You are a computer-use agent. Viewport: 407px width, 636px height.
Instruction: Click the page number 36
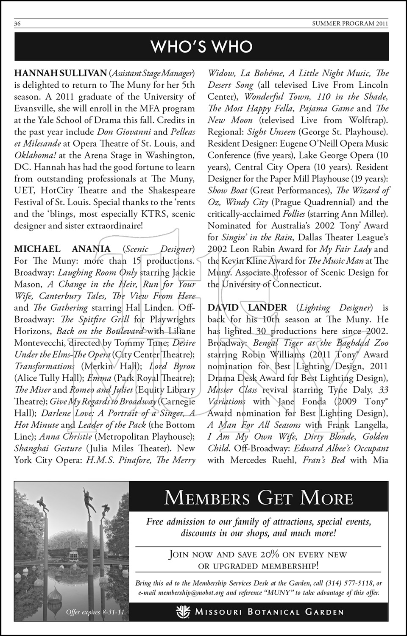[x=17, y=24]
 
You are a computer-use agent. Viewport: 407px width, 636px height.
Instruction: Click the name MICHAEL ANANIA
[x=62, y=249]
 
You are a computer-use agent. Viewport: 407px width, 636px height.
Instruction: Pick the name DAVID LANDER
[x=247, y=307]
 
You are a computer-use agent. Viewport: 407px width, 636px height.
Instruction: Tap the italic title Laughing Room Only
[x=98, y=272]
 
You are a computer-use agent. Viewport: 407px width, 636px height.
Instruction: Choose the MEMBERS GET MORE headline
[x=259, y=497]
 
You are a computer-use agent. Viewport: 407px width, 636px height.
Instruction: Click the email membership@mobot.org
[x=191, y=593]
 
